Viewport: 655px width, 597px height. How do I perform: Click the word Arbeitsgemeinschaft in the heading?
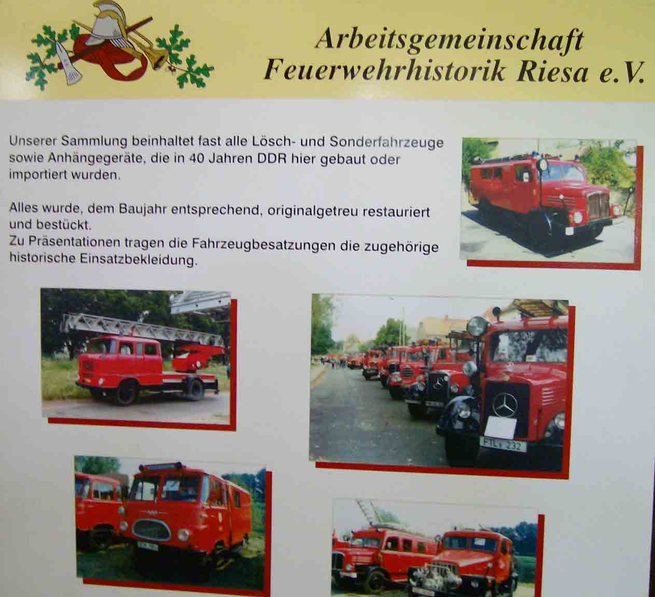click(449, 40)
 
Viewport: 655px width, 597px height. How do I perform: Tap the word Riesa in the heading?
click(553, 72)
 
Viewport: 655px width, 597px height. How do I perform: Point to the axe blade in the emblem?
click(69, 65)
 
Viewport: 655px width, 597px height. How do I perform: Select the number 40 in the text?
click(198, 158)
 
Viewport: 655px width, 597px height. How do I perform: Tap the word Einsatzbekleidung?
click(138, 259)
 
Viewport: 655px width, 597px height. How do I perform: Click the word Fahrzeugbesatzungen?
click(263, 244)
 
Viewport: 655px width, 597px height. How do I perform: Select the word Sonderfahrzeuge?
click(386, 143)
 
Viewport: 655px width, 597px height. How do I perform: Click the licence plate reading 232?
click(504, 445)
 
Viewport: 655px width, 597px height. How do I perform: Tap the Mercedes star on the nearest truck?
click(505, 405)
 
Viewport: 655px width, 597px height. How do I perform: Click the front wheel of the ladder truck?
click(125, 392)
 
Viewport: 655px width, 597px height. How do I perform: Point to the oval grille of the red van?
click(151, 530)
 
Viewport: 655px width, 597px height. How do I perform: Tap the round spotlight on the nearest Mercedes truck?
click(478, 325)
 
